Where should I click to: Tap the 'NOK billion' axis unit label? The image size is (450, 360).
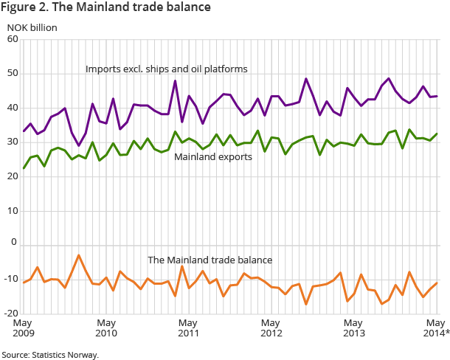tap(32, 27)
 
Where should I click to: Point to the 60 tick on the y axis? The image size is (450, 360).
tap(13, 39)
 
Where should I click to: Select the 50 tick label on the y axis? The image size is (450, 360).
tap(13, 74)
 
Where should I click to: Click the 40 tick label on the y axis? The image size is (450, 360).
tap(13, 108)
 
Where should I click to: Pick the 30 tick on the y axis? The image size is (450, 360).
tap(13, 142)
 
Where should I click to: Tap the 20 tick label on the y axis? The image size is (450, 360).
tap(13, 176)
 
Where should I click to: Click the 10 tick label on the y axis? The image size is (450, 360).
tap(13, 210)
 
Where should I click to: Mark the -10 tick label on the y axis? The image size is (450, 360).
tap(11, 279)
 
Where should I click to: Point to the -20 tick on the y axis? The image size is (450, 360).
tap(11, 313)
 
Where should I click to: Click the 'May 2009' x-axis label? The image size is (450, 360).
tap(24, 328)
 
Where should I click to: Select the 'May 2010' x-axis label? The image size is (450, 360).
tap(106, 328)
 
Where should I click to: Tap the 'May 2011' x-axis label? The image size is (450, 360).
tap(189, 328)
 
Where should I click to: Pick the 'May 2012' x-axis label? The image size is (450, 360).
tap(271, 328)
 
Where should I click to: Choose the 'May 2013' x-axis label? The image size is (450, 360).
tap(354, 328)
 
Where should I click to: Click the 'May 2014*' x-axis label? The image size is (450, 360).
tap(434, 328)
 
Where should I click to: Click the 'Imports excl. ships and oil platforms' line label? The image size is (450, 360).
tap(166, 69)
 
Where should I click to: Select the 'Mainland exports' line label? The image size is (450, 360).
tap(212, 157)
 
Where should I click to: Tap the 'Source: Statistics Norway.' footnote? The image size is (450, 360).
tap(50, 355)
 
